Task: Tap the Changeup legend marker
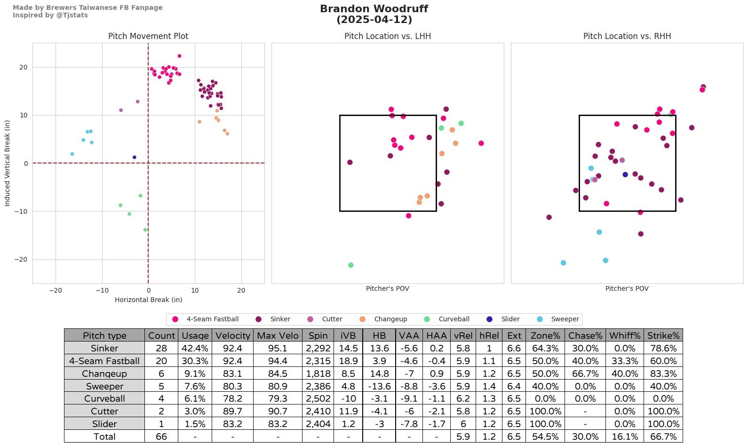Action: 363,319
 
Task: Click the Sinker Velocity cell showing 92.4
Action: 232,348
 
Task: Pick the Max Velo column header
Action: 278,335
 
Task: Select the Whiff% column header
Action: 624,335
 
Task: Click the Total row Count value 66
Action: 161,436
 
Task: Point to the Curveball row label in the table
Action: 104,398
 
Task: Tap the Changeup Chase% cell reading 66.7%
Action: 585,373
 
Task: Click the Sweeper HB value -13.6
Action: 379,386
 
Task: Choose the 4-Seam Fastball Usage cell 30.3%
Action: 195,361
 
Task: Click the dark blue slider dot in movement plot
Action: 134,157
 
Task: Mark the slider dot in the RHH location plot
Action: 625,174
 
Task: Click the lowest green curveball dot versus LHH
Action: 350,265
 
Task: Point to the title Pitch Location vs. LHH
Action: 387,36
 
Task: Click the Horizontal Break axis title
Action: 148,300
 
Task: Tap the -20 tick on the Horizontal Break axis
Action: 56,290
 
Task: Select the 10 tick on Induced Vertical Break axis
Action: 23,115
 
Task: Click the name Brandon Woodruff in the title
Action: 374,9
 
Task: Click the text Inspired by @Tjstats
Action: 50,15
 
